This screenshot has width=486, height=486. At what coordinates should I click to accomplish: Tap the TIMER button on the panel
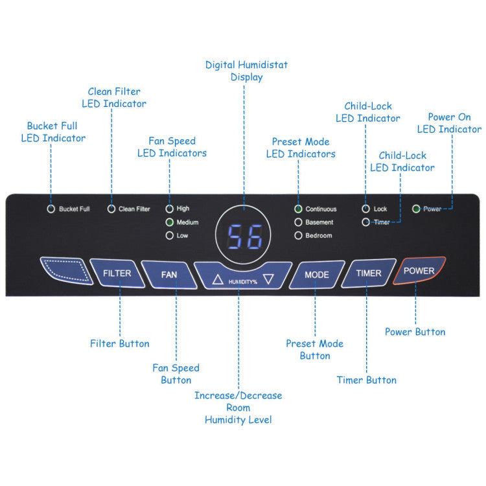click(x=368, y=273)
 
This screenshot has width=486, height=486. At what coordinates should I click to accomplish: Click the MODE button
click(x=317, y=274)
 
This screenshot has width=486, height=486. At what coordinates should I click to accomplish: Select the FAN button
click(x=168, y=274)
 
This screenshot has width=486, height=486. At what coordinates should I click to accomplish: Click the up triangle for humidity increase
click(x=218, y=281)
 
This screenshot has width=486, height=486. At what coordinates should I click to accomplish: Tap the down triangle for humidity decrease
click(x=268, y=280)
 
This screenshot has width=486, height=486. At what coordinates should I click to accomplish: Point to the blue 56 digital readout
click(x=244, y=238)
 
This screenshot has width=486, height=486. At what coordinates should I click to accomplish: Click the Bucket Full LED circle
click(x=51, y=209)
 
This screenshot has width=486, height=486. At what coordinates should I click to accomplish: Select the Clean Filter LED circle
click(x=111, y=209)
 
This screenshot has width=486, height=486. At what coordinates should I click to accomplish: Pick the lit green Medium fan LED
click(x=170, y=222)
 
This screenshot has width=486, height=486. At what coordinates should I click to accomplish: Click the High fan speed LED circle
click(x=170, y=209)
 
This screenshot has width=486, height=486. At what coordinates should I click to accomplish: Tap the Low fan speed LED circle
click(x=170, y=236)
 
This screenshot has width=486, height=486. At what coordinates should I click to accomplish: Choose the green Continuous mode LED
click(x=298, y=209)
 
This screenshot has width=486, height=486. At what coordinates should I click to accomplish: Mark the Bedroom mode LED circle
click(x=298, y=236)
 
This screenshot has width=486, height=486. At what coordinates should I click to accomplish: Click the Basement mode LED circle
click(x=298, y=222)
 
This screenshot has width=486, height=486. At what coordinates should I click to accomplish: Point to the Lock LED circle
click(x=365, y=209)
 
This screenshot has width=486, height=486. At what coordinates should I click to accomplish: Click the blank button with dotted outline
click(x=62, y=271)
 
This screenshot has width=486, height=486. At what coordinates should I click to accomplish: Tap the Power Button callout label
click(x=415, y=332)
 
